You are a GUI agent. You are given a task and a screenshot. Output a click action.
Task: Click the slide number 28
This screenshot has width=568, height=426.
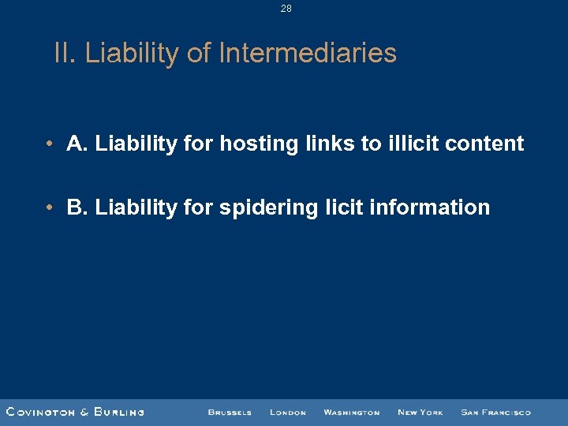click(286, 9)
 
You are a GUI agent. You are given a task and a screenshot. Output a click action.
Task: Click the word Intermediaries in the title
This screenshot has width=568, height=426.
click(308, 54)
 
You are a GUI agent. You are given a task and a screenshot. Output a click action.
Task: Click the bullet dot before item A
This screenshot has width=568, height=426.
click(49, 144)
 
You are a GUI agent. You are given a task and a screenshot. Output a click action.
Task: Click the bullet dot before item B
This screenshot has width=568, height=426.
click(49, 207)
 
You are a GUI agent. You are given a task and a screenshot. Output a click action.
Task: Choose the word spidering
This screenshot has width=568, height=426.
click(267, 208)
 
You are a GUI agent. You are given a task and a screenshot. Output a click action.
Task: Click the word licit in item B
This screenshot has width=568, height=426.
click(341, 207)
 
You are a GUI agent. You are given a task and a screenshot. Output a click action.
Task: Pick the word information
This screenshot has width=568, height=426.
click(429, 207)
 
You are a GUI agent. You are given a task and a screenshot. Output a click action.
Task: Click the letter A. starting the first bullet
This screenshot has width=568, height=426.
click(77, 144)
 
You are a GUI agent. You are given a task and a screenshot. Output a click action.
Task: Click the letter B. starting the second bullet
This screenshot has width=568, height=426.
click(77, 207)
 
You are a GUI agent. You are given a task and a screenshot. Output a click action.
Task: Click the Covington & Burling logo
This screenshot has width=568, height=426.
click(75, 412)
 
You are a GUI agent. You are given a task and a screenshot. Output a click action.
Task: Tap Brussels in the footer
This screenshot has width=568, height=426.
click(230, 412)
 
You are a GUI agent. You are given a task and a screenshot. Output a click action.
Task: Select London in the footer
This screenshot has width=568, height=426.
click(287, 412)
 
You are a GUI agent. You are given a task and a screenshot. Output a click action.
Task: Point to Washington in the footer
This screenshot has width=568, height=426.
click(351, 412)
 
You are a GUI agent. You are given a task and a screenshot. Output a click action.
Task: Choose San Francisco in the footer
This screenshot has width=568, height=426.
click(495, 412)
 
